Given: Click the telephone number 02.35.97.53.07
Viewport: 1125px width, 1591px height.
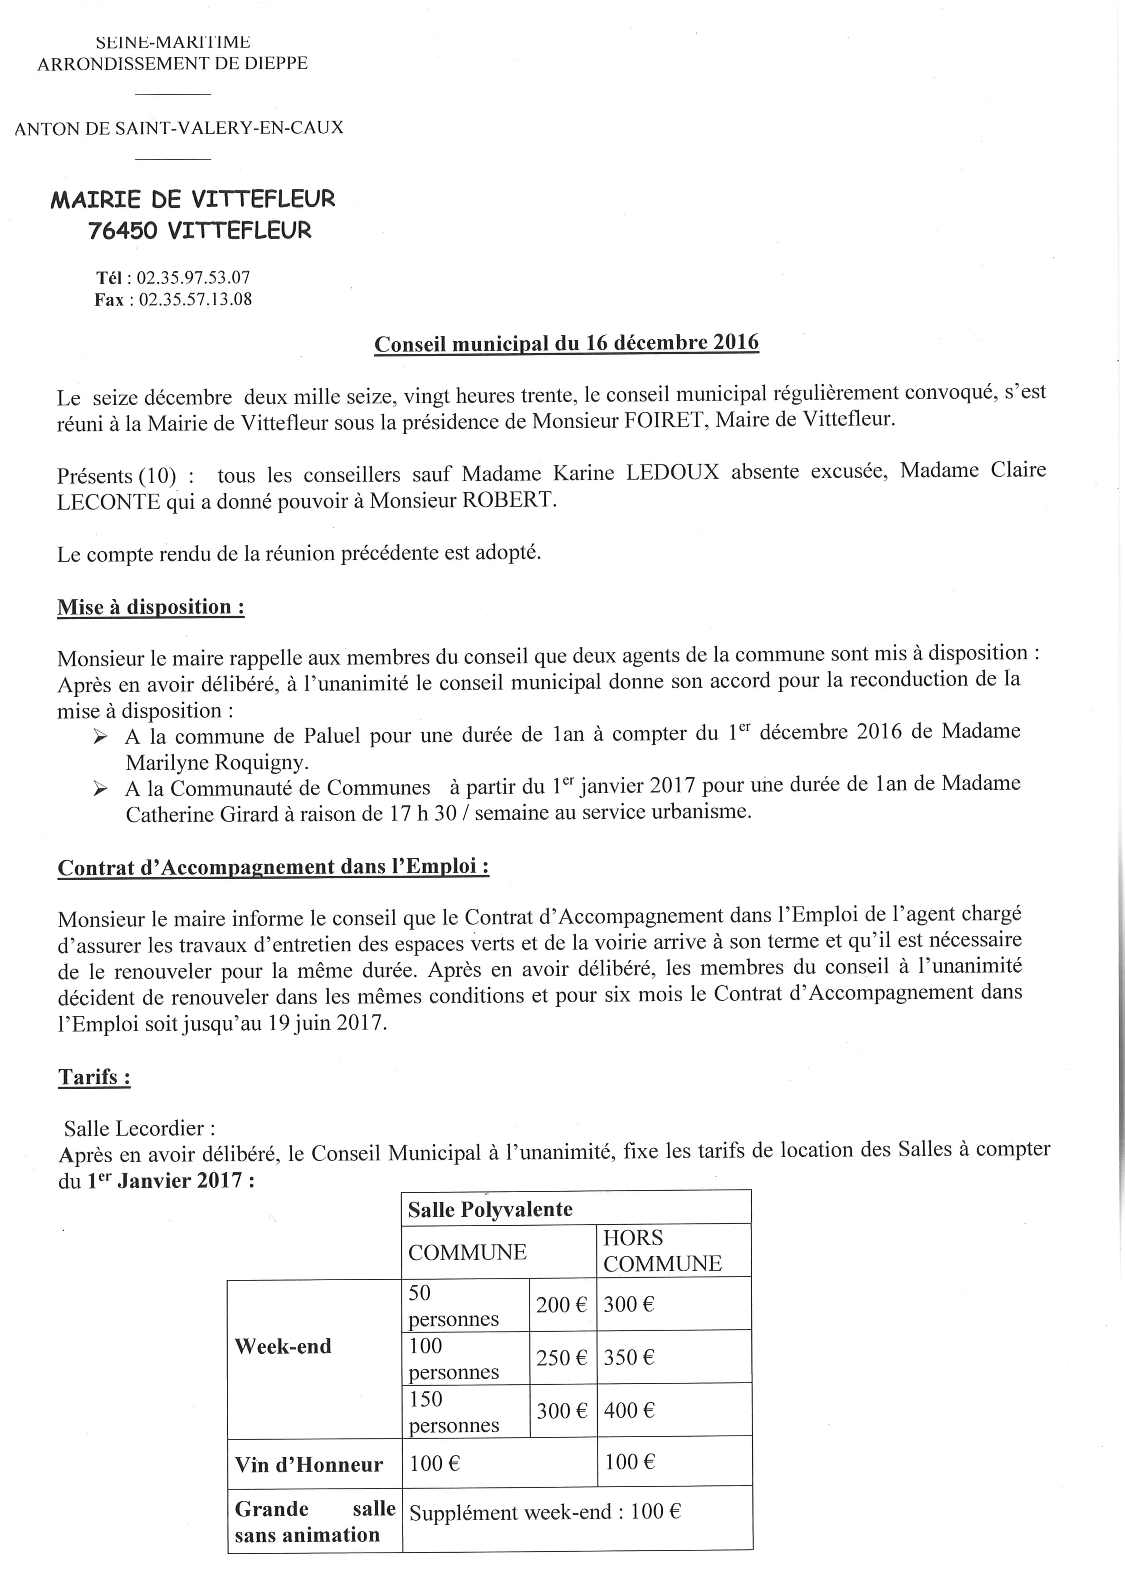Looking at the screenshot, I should (x=193, y=278).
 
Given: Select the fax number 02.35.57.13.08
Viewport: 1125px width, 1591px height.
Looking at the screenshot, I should (x=196, y=300).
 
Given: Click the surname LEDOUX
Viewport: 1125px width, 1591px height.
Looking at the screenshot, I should (x=673, y=473).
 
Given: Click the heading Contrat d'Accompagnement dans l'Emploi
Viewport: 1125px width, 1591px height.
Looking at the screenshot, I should (x=273, y=867).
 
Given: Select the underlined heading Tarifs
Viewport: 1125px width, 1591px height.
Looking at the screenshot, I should (x=94, y=1077).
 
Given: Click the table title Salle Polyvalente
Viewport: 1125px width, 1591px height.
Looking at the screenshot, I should (x=490, y=1210).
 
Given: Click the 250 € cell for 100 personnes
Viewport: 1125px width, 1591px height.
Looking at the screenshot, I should (x=561, y=1357).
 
